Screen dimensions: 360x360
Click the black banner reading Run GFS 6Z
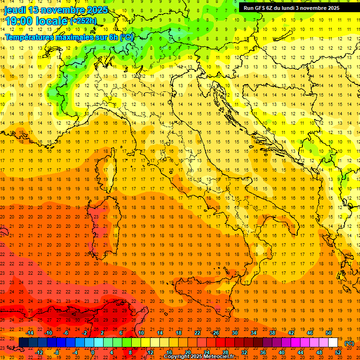[x=292, y=7]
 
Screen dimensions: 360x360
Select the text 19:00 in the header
[x=18, y=21]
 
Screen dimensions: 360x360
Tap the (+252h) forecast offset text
[x=83, y=21]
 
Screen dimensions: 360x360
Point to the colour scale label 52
[x=338, y=352]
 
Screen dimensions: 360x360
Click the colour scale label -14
[x=30, y=333]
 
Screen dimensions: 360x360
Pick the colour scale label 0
[x=93, y=352]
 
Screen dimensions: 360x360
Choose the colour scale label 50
[x=329, y=333]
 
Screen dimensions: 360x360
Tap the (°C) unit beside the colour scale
[x=349, y=343]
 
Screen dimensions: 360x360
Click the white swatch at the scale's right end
[x=333, y=343]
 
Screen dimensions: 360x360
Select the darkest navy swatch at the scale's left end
[x=23, y=343]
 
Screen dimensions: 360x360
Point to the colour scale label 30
[x=235, y=333]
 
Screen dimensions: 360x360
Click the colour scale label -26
[x=215, y=333]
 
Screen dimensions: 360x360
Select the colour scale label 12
[x=150, y=352]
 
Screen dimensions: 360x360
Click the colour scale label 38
[x=272, y=333]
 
